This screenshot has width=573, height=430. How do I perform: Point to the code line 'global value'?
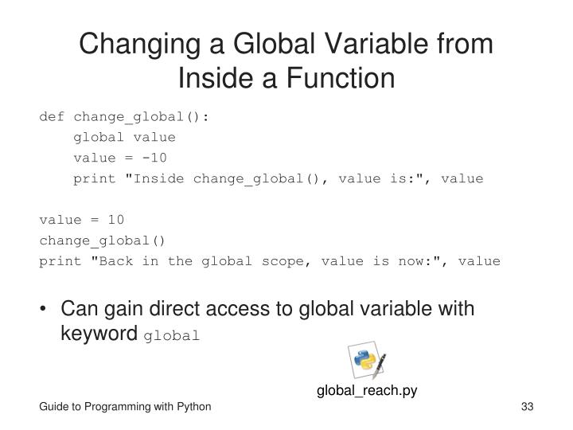click(124, 137)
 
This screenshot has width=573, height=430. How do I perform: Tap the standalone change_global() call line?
click(103, 240)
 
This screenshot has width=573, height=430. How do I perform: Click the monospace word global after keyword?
click(172, 336)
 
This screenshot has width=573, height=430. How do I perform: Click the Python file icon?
click(368, 362)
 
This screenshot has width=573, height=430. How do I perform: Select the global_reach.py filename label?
click(367, 390)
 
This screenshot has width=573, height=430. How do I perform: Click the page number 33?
click(526, 408)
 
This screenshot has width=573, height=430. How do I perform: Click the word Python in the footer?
click(193, 408)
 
